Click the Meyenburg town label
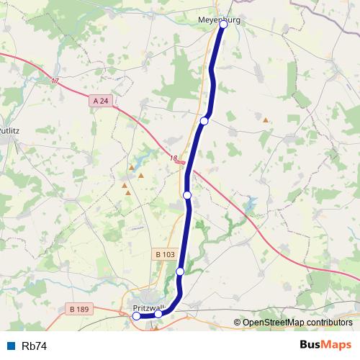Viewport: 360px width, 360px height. tap(219, 21)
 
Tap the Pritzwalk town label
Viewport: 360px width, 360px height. tap(150, 309)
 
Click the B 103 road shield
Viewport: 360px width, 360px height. tap(164, 254)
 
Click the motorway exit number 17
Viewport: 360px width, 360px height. tap(55, 81)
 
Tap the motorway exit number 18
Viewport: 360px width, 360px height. tap(173, 159)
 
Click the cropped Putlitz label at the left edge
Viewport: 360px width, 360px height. tap(7, 131)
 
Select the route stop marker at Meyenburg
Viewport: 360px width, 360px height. tap(224, 24)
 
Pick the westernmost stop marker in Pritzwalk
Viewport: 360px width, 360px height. tap(137, 315)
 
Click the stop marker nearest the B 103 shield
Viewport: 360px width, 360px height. tap(180, 271)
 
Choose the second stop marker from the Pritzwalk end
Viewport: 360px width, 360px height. tap(158, 314)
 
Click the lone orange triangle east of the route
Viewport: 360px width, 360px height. tap(266, 120)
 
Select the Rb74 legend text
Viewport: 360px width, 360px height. tap(35, 346)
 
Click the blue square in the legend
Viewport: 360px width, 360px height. tap(12, 346)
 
